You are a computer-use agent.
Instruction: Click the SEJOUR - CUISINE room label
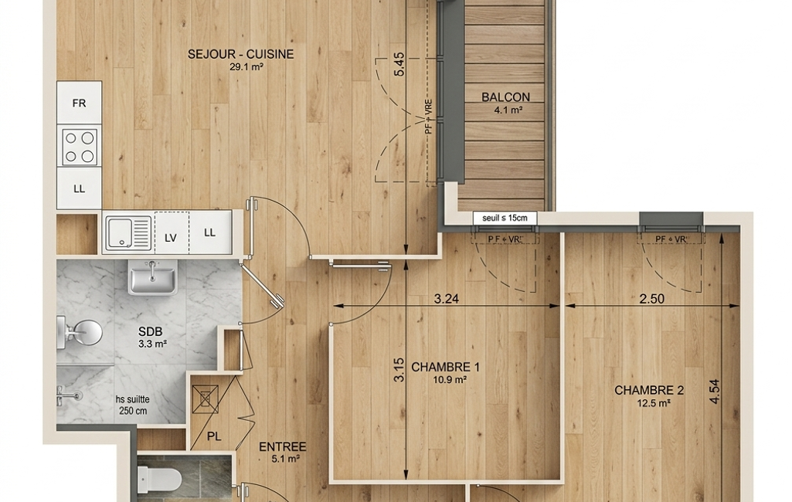[x=240, y=54]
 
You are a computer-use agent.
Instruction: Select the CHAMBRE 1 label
[x=446, y=367]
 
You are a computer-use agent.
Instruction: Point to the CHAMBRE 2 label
[x=649, y=390]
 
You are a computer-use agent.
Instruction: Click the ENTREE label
[x=282, y=447]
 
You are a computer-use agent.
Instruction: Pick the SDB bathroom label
[x=151, y=332]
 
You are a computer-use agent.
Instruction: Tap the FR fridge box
[x=80, y=103]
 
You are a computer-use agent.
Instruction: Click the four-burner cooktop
[x=80, y=147]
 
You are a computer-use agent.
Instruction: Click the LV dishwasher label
[x=171, y=237]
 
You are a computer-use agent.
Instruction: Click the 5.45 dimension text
[x=399, y=65]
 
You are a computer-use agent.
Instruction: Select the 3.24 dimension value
[x=447, y=298]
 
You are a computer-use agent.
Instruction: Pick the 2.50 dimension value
[x=651, y=298]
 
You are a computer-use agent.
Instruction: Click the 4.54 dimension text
[x=714, y=392]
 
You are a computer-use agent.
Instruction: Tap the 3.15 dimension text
[x=399, y=370]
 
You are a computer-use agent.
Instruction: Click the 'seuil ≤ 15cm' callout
[x=505, y=218]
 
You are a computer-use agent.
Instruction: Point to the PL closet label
[x=214, y=436]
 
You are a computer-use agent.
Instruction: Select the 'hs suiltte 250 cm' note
[x=133, y=405]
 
